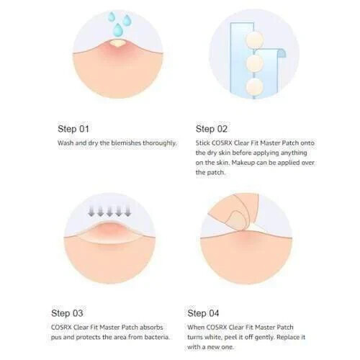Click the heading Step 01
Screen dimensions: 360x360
(73, 129)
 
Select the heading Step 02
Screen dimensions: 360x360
(211, 129)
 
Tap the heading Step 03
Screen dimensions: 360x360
(67, 313)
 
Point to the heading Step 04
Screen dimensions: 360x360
(203, 313)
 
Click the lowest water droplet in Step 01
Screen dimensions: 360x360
(118, 30)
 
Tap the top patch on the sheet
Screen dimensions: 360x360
(254, 39)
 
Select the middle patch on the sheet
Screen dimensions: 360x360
(255, 63)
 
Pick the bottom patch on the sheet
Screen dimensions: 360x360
(255, 87)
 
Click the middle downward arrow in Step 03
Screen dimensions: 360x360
(109, 212)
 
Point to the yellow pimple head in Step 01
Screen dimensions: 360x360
(117, 43)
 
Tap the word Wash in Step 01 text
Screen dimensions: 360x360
(66, 143)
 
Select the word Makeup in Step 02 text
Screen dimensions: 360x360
(242, 163)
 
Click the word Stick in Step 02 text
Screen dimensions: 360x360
(203, 143)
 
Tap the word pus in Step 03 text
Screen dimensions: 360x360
(56, 338)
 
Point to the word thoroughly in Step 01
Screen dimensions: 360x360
(160, 143)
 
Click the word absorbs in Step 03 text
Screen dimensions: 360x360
(151, 328)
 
